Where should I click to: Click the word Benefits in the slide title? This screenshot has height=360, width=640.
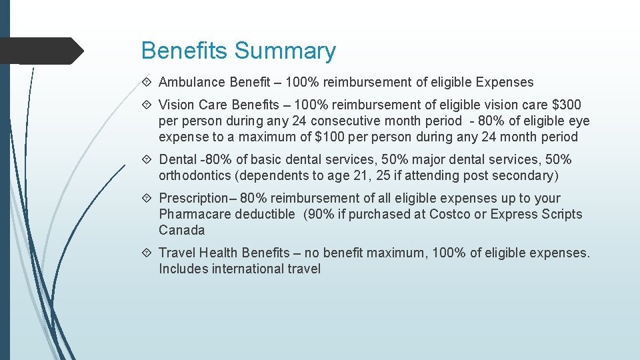pyautogui.click(x=185, y=51)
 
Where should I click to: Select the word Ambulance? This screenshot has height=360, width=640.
pyautogui.click(x=192, y=83)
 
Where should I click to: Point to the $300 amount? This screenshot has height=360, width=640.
pyautogui.click(x=567, y=105)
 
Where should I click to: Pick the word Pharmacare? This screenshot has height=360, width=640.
pyautogui.click(x=193, y=215)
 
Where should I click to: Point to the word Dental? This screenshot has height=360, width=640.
pyautogui.click(x=177, y=160)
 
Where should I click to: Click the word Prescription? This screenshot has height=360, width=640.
pyautogui.click(x=193, y=199)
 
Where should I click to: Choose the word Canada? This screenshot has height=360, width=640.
pyautogui.click(x=181, y=231)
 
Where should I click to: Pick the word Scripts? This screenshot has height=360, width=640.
pyautogui.click(x=561, y=215)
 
